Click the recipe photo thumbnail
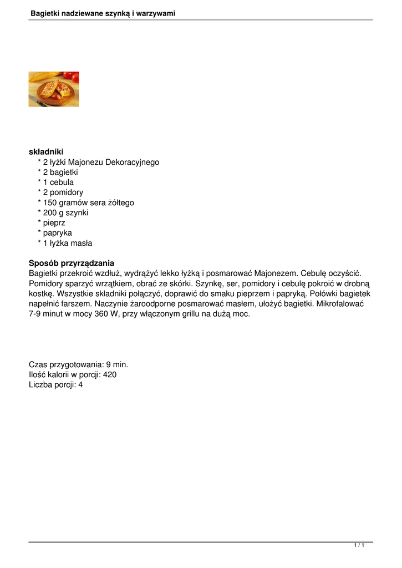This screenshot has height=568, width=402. pos(54,89)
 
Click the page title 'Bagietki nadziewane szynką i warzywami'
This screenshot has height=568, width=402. pos(103,13)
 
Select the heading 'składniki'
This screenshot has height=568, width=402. pos(46,152)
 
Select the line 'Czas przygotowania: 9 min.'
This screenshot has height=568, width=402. pos(78,364)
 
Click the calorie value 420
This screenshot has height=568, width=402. pos(110,374)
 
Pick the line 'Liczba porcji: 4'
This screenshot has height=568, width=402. pos(55,384)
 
